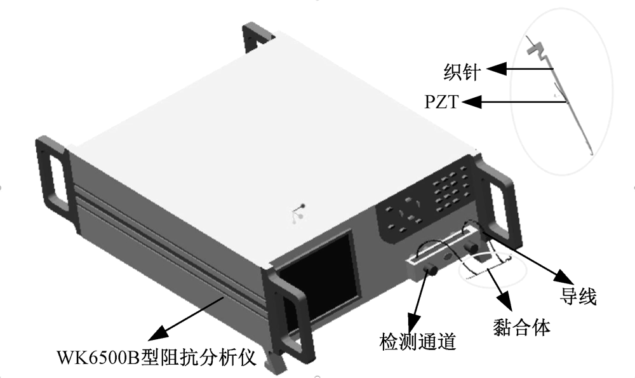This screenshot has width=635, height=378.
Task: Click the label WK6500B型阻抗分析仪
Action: (x=156, y=356)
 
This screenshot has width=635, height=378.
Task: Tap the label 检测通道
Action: (x=418, y=341)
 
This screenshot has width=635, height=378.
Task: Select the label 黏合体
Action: (x=521, y=327)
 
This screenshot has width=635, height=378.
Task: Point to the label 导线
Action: (x=578, y=296)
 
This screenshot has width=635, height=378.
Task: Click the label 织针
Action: (x=462, y=72)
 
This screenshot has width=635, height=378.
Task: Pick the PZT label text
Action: (x=442, y=101)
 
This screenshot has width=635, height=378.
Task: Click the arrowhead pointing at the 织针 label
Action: (x=497, y=69)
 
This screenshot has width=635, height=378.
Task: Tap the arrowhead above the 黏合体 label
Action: (x=504, y=300)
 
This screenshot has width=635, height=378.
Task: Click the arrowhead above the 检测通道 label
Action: (x=414, y=322)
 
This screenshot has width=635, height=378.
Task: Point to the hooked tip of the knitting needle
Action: (x=591, y=153)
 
